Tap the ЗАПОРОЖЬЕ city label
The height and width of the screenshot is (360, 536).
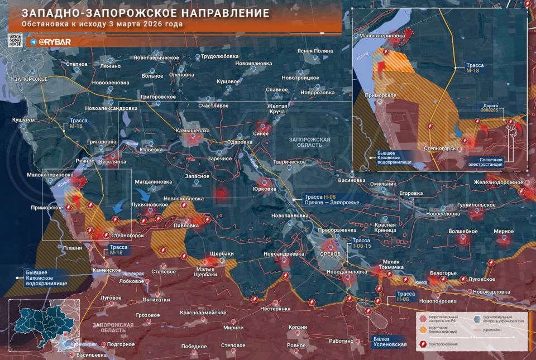coord(31,79)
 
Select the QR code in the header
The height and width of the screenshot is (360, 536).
coord(15,40)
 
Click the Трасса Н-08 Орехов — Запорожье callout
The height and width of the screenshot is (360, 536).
coord(331,199)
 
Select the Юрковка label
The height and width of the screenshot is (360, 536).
coord(265,189)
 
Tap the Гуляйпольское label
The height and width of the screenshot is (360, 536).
coord(476,205)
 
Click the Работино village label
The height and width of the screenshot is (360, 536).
coord(341,340)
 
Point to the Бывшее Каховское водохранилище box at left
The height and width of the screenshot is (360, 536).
coord(46,277)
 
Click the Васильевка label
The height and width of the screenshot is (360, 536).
coord(91,355)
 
